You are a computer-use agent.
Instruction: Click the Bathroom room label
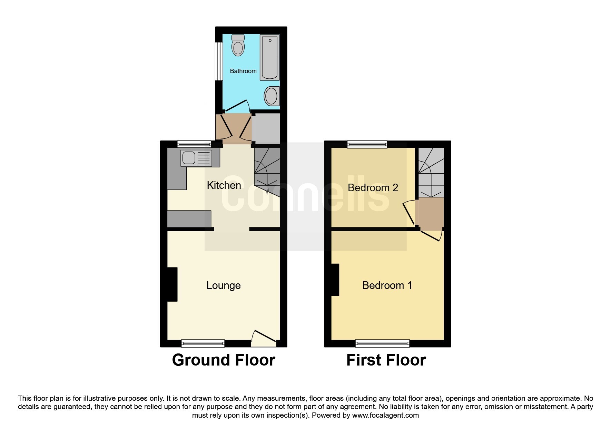click(243, 71)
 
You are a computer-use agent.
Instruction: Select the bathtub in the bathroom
click(269, 57)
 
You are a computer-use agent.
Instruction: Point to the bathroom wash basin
click(272, 96)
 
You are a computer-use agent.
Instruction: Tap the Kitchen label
click(224, 185)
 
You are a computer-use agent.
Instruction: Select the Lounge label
click(224, 285)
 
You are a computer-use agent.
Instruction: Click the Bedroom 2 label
click(373, 188)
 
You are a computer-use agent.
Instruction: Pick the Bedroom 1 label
click(387, 285)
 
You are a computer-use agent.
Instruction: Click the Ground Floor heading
click(224, 360)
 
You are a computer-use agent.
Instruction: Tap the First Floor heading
click(386, 360)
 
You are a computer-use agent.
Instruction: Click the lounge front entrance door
click(264, 338)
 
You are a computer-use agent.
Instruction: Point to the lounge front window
click(203, 343)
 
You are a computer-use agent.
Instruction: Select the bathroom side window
click(219, 61)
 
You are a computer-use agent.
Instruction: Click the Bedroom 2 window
click(367, 144)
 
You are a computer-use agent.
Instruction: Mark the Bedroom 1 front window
click(382, 343)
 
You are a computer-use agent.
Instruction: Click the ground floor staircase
click(267, 169)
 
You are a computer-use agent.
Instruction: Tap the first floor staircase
click(431, 172)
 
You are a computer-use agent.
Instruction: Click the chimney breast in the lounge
click(172, 284)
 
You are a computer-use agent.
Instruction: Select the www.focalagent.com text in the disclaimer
click(385, 415)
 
